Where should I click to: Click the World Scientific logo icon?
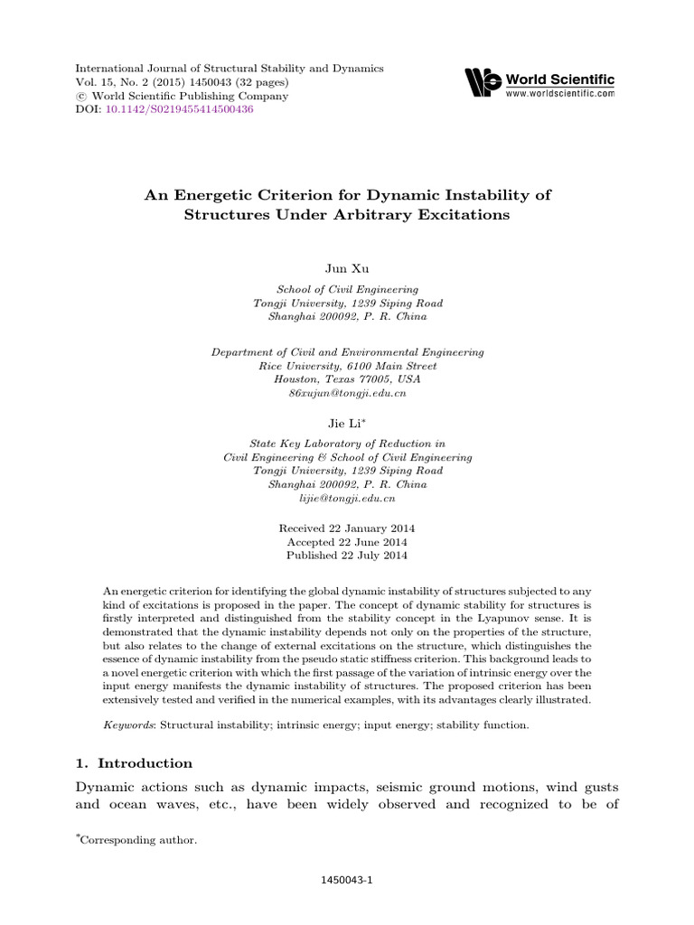click(x=483, y=82)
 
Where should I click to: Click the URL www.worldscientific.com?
click(x=560, y=92)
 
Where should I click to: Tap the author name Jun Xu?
click(x=347, y=268)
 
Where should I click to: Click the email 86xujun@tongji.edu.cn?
click(x=347, y=394)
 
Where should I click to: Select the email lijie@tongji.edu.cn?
click(x=347, y=498)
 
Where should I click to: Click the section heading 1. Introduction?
click(x=135, y=763)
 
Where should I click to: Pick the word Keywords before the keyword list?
click(x=128, y=724)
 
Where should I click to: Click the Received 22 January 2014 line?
click(x=347, y=528)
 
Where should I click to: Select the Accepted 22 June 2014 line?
click(x=347, y=541)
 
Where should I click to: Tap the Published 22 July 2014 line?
click(x=347, y=555)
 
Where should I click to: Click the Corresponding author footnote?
click(x=138, y=840)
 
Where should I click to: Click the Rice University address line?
click(x=347, y=367)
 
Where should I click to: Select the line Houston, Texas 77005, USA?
click(x=347, y=380)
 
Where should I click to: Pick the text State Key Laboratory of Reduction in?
click(x=347, y=444)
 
